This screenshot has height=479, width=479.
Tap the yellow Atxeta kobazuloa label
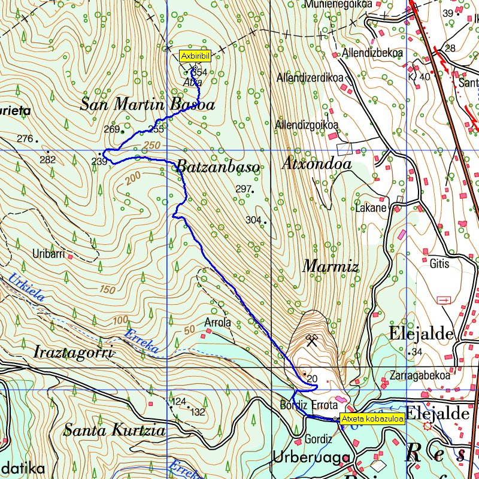click(x=372, y=419)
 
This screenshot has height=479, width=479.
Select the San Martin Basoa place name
click(x=147, y=105)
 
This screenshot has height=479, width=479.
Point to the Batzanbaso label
click(x=219, y=167)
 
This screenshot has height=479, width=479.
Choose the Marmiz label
click(x=330, y=266)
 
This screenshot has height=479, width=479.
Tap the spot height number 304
click(x=253, y=220)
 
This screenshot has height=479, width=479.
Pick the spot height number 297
click(x=242, y=189)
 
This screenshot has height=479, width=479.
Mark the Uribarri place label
click(x=49, y=254)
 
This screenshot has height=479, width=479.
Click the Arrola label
click(x=217, y=322)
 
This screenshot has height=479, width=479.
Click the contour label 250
click(x=152, y=146)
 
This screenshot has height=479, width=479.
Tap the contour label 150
click(x=107, y=289)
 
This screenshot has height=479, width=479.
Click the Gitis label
click(x=439, y=263)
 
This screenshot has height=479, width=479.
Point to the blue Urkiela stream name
click(x=25, y=287)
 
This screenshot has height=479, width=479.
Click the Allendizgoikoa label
click(x=307, y=125)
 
